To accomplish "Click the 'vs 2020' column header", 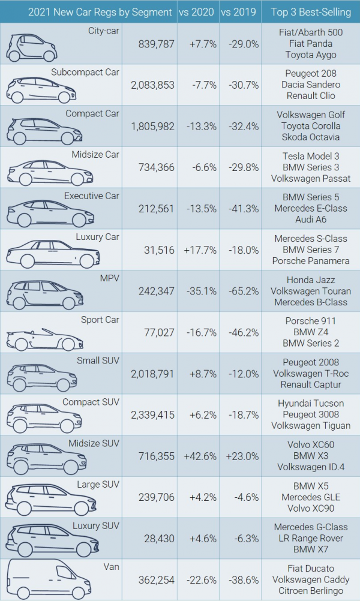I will [x=197, y=12].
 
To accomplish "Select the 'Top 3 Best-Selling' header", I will [x=310, y=12].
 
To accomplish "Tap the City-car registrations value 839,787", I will [x=152, y=44].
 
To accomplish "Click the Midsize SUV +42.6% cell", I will [x=197, y=456].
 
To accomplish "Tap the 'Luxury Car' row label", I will [x=97, y=237].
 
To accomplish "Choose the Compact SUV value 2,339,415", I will [x=152, y=414].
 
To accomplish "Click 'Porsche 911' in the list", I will [x=310, y=321].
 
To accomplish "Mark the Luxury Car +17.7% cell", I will [x=197, y=250].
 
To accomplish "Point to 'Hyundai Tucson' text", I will [x=310, y=403].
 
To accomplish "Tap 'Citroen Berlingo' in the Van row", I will [x=310, y=591].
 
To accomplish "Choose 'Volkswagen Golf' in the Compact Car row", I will [x=310, y=115].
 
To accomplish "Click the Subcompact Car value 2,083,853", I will [x=152, y=85].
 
